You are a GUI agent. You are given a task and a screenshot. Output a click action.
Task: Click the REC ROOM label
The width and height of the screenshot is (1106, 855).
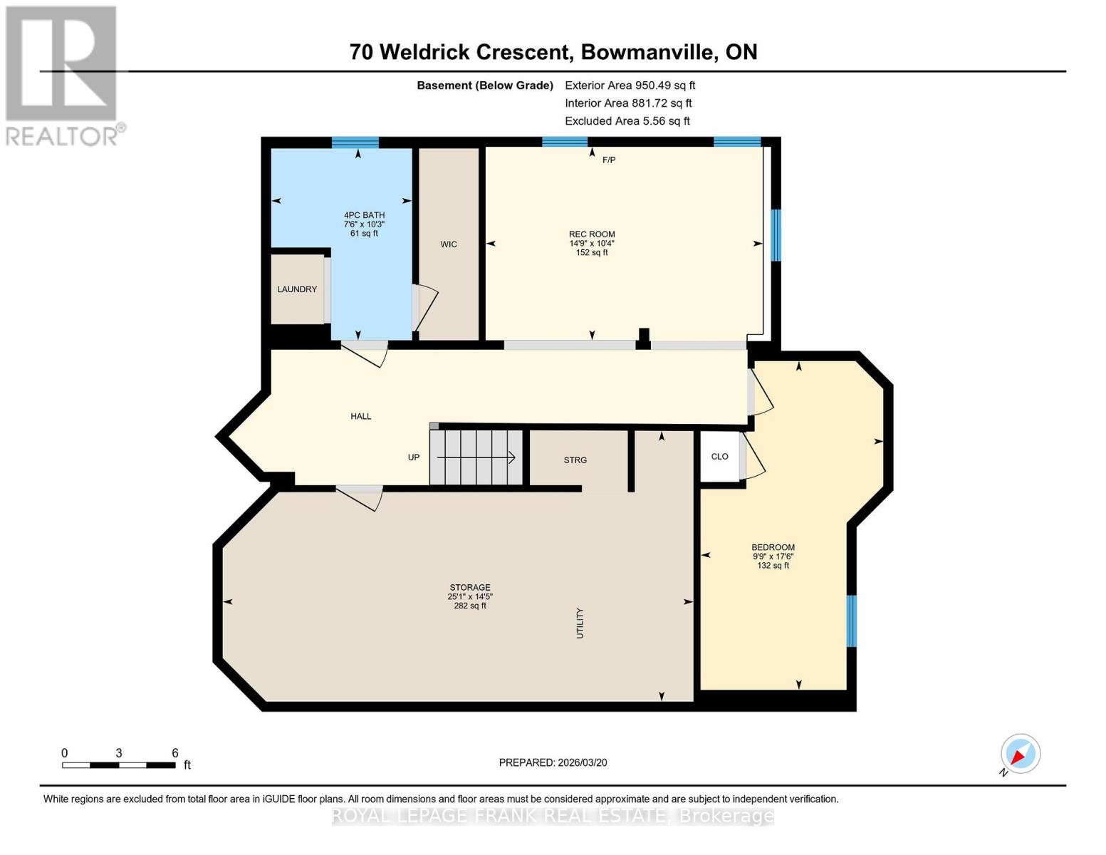click(x=591, y=234)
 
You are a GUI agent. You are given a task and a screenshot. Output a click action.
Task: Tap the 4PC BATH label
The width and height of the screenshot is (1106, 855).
click(x=364, y=215)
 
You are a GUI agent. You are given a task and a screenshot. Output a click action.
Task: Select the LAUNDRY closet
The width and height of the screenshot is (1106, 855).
click(x=297, y=289)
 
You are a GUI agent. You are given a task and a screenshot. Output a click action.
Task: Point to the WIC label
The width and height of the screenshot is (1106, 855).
click(x=448, y=244)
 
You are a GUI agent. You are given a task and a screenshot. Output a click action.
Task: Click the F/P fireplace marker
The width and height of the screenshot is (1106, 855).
click(x=608, y=160)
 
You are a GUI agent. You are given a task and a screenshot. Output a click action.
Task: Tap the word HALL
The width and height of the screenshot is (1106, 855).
click(x=360, y=416)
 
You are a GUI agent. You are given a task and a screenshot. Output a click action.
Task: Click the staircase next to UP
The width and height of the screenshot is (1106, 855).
click(x=476, y=457)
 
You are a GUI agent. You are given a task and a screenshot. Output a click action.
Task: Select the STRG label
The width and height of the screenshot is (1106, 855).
click(x=575, y=460)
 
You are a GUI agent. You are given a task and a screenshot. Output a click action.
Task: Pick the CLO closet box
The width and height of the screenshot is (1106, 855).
click(x=719, y=457)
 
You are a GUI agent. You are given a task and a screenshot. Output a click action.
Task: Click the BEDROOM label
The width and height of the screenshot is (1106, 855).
click(x=773, y=547)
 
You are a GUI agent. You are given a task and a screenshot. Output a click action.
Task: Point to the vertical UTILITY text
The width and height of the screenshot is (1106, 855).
click(x=580, y=623)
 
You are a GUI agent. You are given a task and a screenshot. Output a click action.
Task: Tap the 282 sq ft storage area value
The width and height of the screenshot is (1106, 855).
click(x=470, y=606)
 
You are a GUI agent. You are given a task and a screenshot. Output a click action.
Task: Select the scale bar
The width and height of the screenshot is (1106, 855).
click(x=119, y=765)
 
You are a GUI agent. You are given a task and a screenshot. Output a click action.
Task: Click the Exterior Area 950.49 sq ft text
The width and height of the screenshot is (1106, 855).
click(x=630, y=85)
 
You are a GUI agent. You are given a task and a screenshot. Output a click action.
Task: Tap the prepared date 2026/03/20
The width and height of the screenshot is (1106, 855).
click(x=553, y=762)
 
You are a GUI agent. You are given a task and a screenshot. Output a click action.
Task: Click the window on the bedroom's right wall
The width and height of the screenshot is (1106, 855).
click(x=851, y=621)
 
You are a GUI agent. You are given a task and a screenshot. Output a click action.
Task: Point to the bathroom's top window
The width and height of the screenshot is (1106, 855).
click(x=355, y=142)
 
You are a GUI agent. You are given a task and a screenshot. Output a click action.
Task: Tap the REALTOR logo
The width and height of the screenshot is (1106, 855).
click(x=63, y=75)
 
